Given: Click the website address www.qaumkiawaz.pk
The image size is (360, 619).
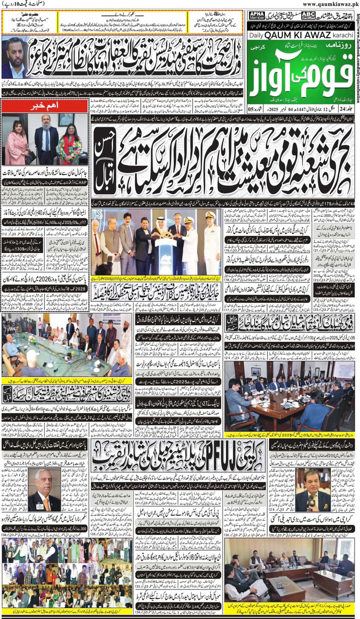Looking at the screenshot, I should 330,4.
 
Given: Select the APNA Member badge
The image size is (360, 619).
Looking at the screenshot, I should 257,15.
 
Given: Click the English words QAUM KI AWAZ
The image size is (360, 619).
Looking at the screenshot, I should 297,35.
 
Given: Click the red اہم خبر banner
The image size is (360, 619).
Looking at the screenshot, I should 45,106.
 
